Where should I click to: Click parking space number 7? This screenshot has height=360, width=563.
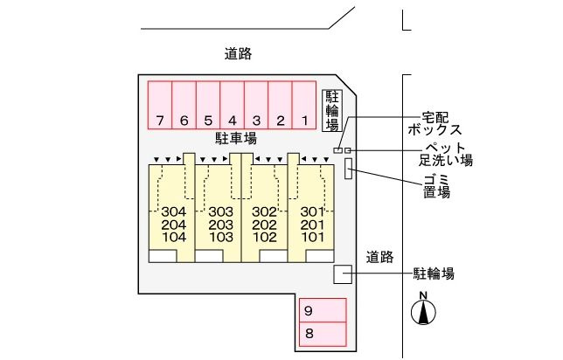point(160,106)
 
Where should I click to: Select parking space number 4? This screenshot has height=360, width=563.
point(232,106)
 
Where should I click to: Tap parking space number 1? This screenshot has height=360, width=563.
point(303,106)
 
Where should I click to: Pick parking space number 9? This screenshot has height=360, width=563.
point(323,311)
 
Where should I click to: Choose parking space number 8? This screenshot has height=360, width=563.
point(323,333)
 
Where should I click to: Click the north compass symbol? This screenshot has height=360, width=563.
point(424,309)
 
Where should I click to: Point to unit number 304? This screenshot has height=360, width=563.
point(174,212)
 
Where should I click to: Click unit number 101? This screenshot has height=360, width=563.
point(312,237)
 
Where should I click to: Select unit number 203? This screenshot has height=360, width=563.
point(220,225)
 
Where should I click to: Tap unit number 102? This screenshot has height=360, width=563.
point(264,237)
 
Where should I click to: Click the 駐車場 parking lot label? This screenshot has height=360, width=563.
point(236,138)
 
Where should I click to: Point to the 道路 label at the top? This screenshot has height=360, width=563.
point(238,54)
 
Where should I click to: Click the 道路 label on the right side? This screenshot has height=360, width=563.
point(380,257)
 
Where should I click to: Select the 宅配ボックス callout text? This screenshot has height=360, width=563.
point(427,122)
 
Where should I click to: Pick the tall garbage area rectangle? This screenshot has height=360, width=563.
point(349,169)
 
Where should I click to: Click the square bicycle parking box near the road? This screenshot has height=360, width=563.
point(343,274)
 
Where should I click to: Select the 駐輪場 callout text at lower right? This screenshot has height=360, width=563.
point(434,274)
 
